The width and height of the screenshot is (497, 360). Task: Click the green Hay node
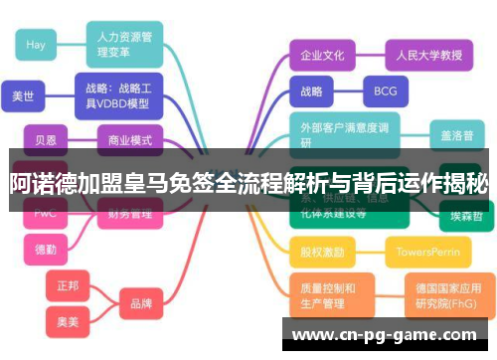coord(37,45)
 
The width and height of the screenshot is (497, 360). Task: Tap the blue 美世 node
coord(23,96)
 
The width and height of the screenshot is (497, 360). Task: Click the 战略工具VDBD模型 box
coord(117,94)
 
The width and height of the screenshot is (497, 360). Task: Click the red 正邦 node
coord(68,285)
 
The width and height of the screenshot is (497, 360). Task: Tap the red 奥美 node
coord(68,320)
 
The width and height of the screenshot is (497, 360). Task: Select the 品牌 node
coord(141,302)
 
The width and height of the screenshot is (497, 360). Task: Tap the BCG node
coord(385,91)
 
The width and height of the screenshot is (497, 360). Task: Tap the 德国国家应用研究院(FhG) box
coord(444,295)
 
